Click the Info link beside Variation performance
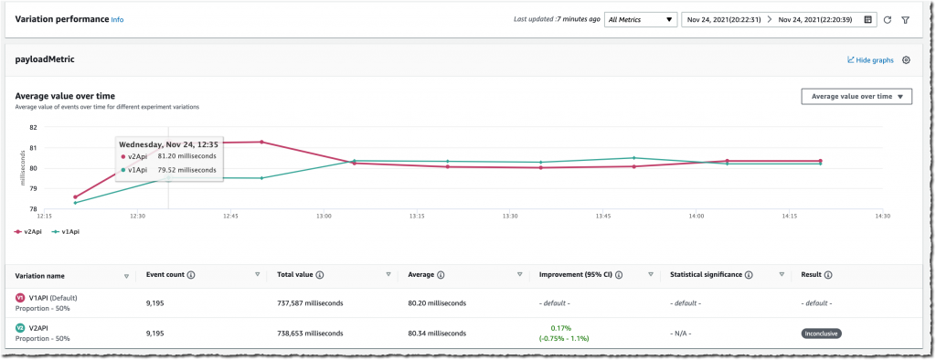[117, 19]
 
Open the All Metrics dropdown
[640, 19]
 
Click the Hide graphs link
[870, 60]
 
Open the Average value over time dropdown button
[856, 97]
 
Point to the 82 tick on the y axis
[33, 127]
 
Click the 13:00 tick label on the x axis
[324, 216]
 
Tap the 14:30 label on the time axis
[883, 216]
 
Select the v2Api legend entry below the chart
[27, 232]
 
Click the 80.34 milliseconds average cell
[440, 334]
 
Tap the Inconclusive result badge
[821, 334]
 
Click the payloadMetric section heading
[45, 59]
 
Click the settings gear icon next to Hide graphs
[906, 60]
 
